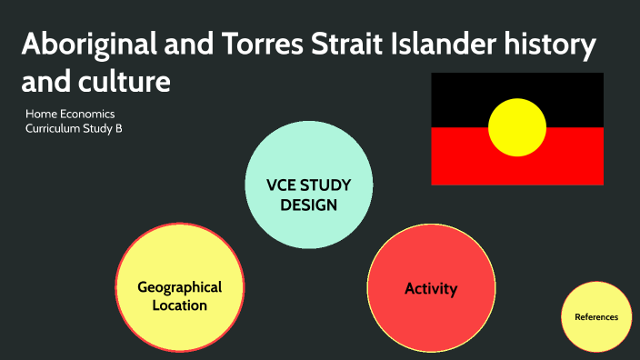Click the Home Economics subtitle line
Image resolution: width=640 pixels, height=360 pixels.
coord(70,115)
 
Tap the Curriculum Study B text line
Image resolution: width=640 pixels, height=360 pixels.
coord(74,129)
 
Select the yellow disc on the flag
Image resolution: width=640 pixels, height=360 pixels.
coord(517,127)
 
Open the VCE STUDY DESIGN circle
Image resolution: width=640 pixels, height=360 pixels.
coord(308,186)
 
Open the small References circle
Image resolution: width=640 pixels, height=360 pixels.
coord(596,316)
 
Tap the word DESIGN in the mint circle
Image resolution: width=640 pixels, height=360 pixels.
coord(308,205)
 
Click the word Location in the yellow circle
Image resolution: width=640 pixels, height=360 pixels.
coord(180,305)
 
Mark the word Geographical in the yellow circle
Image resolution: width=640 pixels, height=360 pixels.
coord(180,287)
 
